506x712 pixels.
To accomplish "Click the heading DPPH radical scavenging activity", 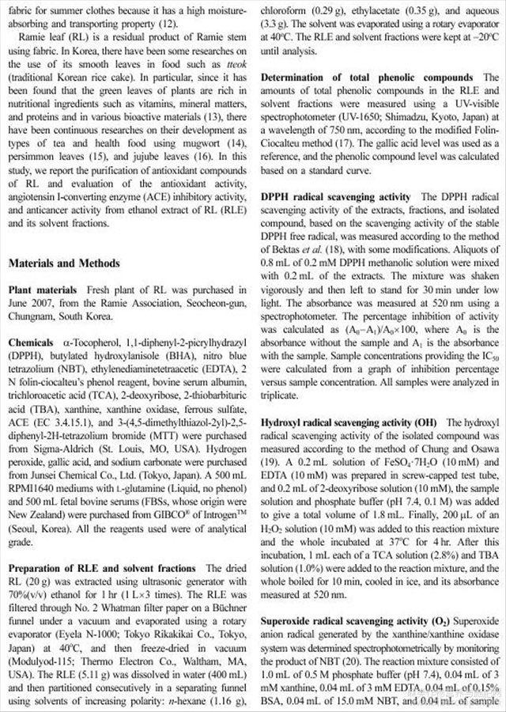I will point(335,197).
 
